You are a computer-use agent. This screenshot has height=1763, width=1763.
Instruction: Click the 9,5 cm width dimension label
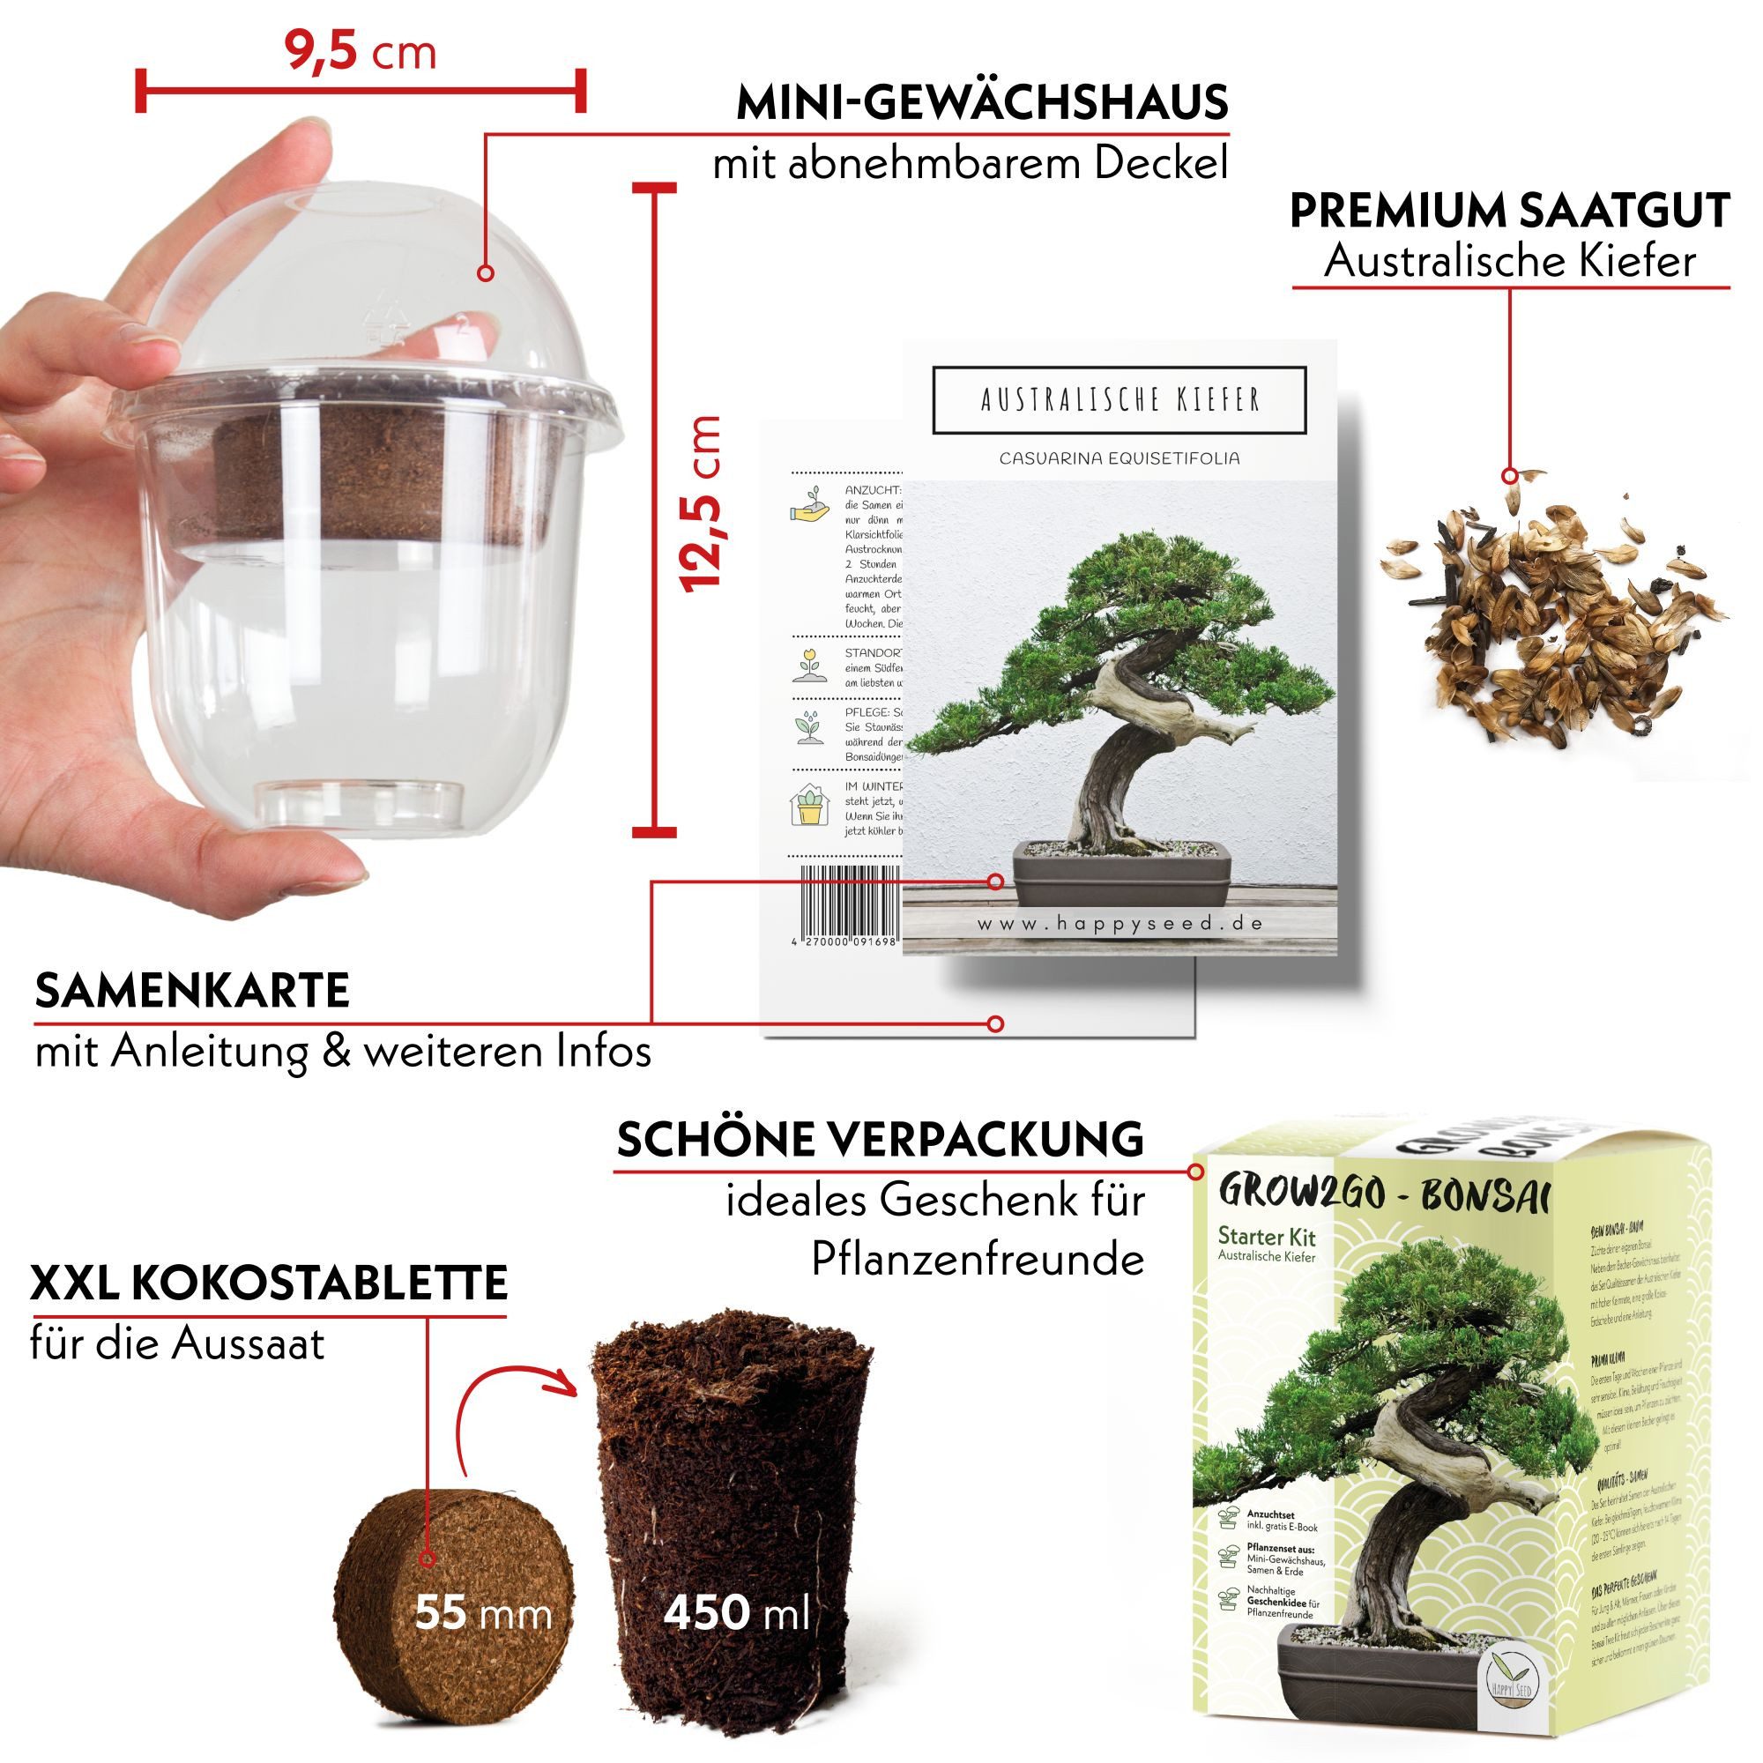[361, 52]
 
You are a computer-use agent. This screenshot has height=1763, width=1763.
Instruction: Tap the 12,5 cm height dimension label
[702, 503]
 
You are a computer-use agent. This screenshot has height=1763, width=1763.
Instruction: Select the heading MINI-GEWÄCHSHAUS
[982, 103]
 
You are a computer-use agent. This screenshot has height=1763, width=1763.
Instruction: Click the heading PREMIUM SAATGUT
[1508, 211]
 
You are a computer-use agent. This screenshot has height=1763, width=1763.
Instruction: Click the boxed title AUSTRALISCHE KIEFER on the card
[1120, 399]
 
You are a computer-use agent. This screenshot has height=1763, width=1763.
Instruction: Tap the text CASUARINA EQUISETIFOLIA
[1120, 458]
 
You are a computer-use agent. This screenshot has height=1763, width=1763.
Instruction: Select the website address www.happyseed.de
[1120, 924]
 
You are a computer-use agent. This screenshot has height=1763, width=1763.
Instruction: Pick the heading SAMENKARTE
[192, 990]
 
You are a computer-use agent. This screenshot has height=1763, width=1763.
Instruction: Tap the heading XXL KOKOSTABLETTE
[268, 1283]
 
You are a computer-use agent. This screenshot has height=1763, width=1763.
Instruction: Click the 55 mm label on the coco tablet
[483, 1613]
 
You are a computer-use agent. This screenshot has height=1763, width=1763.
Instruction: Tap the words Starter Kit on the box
[1267, 1237]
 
